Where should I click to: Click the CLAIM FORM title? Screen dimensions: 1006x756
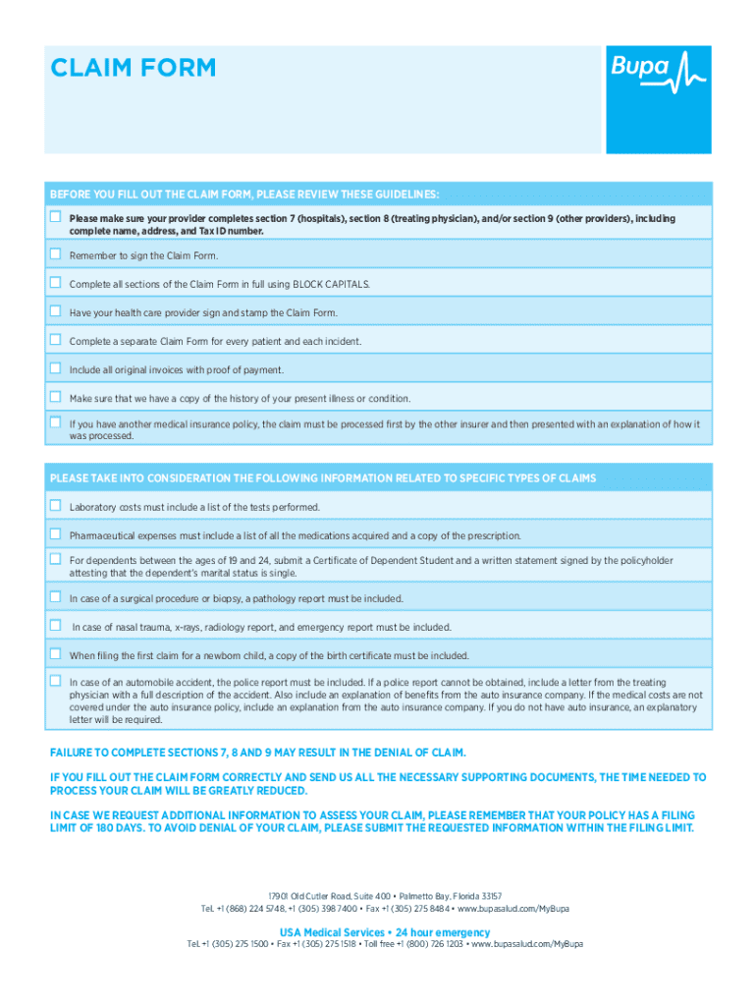[133, 68]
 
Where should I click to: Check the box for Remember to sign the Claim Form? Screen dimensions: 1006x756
[56, 254]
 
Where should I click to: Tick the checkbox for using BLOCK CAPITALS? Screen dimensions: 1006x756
[56, 283]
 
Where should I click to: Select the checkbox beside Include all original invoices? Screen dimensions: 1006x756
[56, 368]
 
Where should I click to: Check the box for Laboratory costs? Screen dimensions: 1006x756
[56, 506]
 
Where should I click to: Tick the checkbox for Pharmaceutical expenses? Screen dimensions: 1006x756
[56, 534]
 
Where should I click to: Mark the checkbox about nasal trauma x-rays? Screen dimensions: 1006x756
[56, 626]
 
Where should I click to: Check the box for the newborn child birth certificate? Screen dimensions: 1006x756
[56, 654]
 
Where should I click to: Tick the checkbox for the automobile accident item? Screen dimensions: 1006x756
[56, 680]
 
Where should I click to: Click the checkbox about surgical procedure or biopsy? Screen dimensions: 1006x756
[56, 597]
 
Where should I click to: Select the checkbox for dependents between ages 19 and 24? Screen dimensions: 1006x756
[56, 559]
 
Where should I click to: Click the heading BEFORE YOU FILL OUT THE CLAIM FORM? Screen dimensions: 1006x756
[244, 194]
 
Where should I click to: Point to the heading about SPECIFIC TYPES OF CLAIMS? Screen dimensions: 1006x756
[323, 478]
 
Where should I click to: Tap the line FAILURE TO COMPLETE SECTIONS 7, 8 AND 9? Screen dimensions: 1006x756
[257, 753]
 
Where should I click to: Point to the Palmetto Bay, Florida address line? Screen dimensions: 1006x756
[385, 896]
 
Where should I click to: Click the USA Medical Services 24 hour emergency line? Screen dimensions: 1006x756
[385, 931]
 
